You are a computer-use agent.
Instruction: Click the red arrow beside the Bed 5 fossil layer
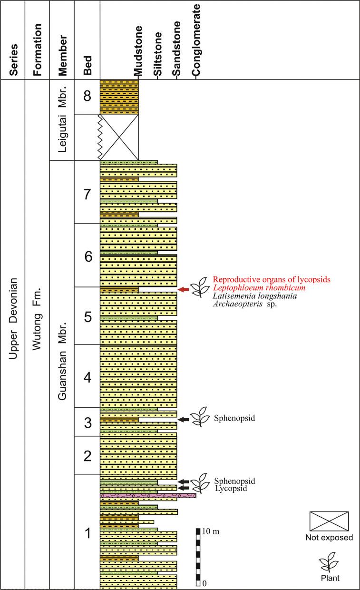[184, 289]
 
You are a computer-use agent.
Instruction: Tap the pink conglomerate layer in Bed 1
[148, 496]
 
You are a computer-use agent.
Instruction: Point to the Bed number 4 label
[87, 378]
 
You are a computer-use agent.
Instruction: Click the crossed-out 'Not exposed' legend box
[329, 521]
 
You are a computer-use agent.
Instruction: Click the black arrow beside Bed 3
[184, 419]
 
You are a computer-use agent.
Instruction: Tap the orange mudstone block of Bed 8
[119, 97]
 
